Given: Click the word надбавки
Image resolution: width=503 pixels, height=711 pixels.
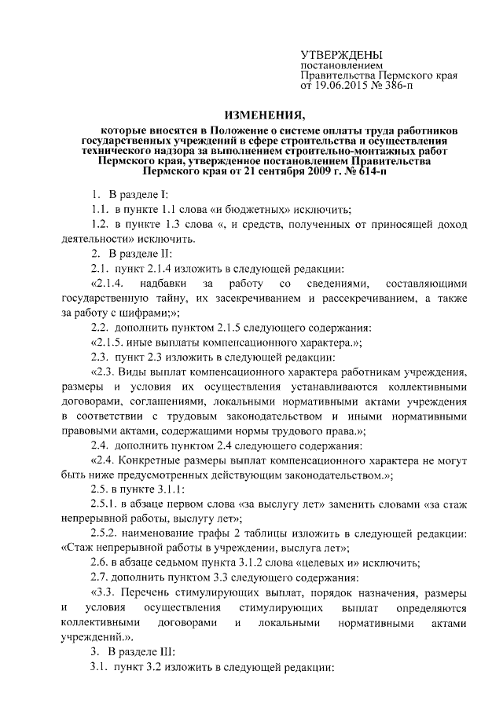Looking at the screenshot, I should [161, 283].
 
